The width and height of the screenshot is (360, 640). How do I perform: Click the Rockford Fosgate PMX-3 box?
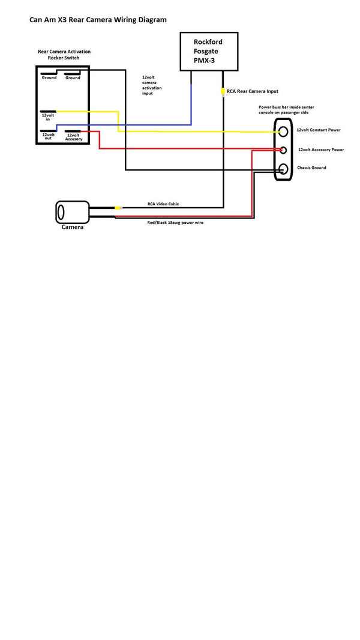209,52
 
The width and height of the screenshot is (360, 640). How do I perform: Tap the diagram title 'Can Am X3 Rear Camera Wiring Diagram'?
98,20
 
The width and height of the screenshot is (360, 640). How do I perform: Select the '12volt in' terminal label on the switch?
47,117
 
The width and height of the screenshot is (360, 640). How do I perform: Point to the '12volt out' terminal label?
48,137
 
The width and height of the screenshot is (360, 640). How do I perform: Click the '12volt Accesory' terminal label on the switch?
74,137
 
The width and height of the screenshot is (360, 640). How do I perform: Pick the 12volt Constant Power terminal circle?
284,130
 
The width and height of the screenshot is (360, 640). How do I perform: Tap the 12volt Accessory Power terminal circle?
284,149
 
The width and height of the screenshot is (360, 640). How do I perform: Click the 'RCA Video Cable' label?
163,204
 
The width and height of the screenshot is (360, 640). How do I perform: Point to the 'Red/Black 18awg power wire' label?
175,222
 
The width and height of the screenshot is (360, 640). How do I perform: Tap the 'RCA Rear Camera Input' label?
253,92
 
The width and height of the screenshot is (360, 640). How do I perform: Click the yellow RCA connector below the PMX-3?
223,92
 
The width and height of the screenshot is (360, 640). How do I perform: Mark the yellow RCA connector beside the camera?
118,208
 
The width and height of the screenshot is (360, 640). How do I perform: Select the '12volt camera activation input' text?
152,85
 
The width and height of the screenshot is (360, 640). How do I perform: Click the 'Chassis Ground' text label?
311,168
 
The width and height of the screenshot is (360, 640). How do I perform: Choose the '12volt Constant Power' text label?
319,130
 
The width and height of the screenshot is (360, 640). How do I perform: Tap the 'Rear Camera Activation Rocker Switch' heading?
64,55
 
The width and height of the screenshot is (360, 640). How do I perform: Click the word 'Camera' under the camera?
73,228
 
